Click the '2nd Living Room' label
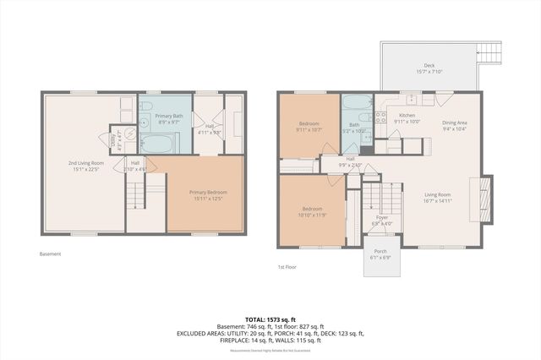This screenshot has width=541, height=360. [85, 166]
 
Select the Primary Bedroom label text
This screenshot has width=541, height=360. [207, 195]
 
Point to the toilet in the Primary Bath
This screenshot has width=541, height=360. [146, 106]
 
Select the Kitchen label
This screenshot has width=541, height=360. [407, 118]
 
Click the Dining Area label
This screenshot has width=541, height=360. [454, 125]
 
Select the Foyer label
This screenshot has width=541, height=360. [382, 221]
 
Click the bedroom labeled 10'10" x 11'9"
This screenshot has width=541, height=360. [310, 212]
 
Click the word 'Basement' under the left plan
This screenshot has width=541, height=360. [50, 254]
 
